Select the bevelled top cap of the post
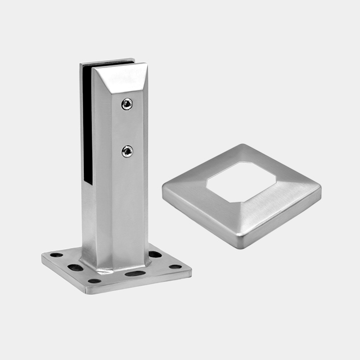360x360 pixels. coord(119,79)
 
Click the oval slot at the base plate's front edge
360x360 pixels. coord(135,274)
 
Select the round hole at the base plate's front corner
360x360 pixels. coord(94,281)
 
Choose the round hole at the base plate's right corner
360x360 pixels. coord(175,266)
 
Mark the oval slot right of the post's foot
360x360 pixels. coord(155,254)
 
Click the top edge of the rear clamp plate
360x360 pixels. coord(107,61)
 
